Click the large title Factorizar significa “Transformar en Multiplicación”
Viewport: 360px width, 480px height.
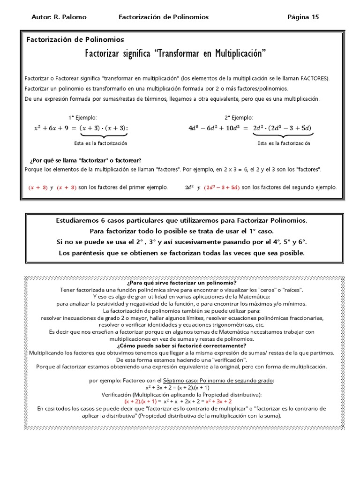coord(175,53)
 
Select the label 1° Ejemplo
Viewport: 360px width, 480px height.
coord(82,118)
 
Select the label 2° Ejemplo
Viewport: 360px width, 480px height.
coord(239,118)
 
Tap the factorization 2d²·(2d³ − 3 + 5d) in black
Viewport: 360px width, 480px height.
coord(282,128)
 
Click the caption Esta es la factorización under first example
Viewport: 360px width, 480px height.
coord(101,143)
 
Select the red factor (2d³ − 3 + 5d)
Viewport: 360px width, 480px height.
coord(221,187)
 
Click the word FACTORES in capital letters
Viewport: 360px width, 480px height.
coord(315,78)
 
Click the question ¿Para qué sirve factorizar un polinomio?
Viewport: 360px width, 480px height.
coord(181,283)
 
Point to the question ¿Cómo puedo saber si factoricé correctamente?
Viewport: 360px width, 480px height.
coord(181,345)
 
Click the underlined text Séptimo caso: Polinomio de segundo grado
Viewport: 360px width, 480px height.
coord(218,381)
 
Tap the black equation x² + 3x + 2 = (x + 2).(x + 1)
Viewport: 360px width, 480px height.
coord(178,388)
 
